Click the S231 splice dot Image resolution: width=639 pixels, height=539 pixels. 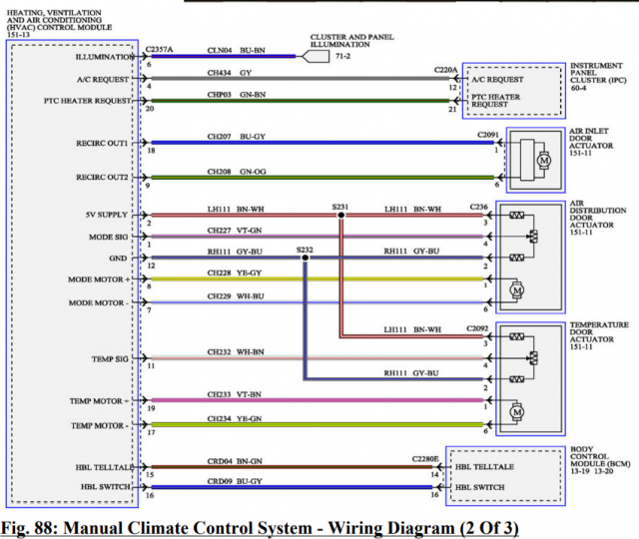[x=340, y=215]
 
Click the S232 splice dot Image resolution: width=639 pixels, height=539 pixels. [x=305, y=257]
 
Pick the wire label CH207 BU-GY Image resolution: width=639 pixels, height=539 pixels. [x=236, y=137]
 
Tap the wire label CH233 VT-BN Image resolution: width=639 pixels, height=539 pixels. [x=236, y=394]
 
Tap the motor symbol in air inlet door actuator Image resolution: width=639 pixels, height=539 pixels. [x=544, y=161]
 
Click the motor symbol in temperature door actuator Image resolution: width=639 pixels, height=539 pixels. [x=516, y=410]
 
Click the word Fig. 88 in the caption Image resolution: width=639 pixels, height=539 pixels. [x=33, y=525]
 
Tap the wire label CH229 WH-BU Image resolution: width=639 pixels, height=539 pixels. [x=236, y=296]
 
